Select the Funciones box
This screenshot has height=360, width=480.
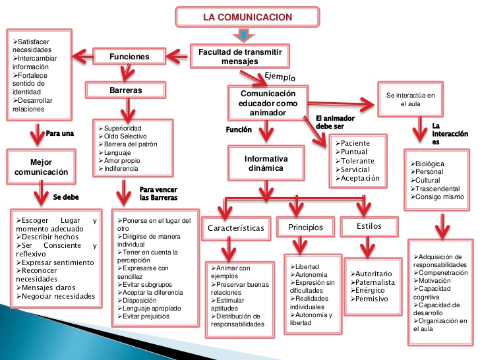(x=129, y=57)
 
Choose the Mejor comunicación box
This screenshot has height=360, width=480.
(x=40, y=166)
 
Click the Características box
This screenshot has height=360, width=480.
(x=235, y=228)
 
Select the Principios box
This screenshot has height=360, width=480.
(x=305, y=227)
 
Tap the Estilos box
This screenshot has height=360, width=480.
(x=369, y=226)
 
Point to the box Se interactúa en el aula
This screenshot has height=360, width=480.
(x=411, y=100)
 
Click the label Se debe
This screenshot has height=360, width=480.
(x=65, y=196)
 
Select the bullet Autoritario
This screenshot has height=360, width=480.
(x=375, y=274)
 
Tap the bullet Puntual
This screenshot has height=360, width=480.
(x=356, y=152)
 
